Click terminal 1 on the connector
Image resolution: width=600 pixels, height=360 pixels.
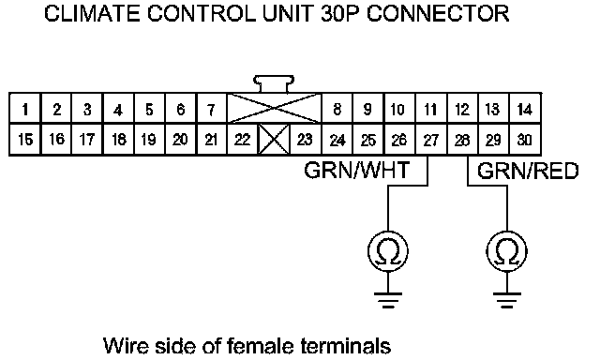coord(25,109)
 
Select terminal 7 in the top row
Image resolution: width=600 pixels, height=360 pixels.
coord(211,109)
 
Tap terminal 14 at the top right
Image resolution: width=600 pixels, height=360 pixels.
coord(525,109)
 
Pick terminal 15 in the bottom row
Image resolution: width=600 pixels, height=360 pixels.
coord(25,140)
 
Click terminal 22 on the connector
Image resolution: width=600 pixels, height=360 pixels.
coord(242,140)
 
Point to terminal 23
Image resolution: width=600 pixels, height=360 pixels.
coord(305,140)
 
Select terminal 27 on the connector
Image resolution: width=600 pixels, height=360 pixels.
coord(430,140)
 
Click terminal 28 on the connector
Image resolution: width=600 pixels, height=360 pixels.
coord(462,140)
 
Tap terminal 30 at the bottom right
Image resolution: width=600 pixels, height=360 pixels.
coord(525,140)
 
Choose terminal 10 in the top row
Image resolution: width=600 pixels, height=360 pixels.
coord(399,109)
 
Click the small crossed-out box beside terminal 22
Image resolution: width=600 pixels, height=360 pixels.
coord(274,140)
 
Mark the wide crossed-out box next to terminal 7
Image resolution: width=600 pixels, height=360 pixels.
coord(274,109)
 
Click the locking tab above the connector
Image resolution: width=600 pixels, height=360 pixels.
coord(274,83)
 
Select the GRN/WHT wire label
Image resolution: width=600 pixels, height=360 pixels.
coord(356,171)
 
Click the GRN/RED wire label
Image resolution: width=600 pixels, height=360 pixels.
coord(528,171)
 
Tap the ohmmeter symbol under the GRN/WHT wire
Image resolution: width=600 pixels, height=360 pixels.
coord(388,251)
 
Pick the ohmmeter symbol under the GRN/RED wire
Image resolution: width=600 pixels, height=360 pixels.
coord(506,251)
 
